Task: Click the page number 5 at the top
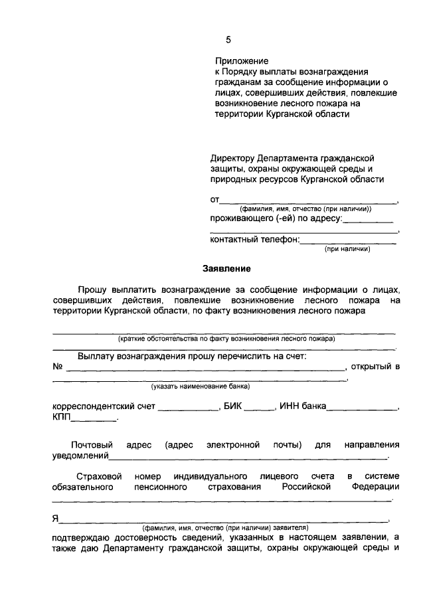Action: [228, 40]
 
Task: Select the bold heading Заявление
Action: [226, 269]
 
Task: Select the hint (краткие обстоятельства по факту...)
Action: [226, 338]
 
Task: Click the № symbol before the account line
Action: [58, 367]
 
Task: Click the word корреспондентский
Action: [102, 406]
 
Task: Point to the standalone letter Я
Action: [56, 518]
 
